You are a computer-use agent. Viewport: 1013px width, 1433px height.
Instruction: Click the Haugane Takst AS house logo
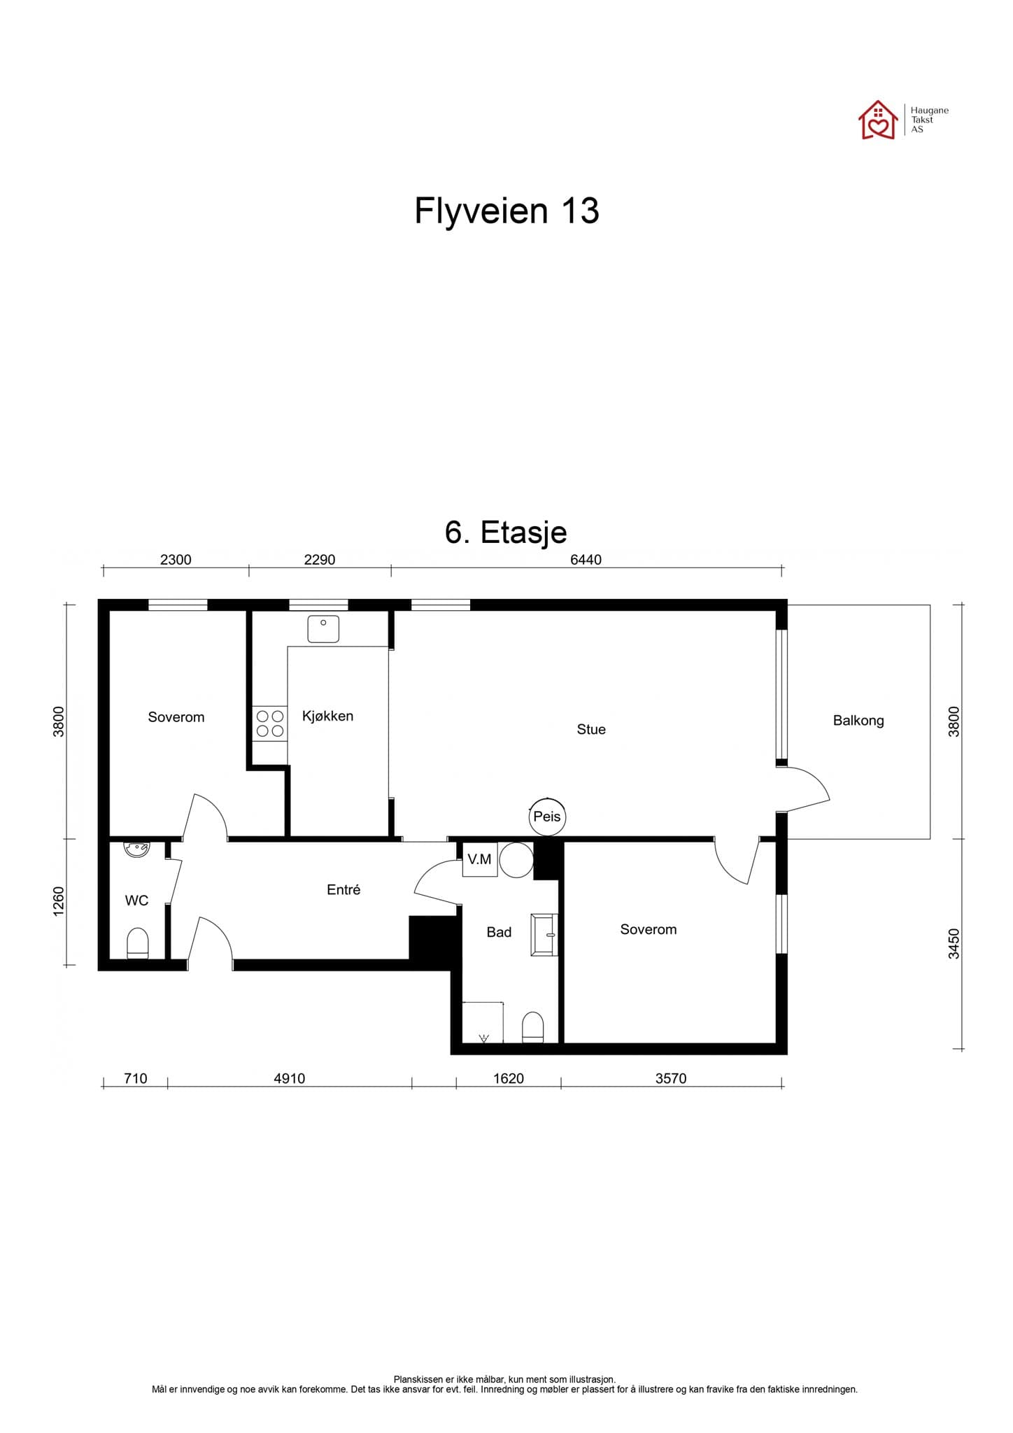click(x=878, y=120)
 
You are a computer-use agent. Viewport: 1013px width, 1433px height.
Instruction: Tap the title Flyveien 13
click(x=506, y=211)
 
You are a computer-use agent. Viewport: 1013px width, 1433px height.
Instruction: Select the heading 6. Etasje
click(x=506, y=532)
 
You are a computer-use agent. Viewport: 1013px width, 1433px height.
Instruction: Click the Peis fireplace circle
click(x=546, y=817)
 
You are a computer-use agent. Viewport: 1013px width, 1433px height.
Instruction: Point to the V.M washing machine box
click(x=479, y=859)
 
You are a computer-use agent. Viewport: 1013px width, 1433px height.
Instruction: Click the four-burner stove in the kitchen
click(x=270, y=723)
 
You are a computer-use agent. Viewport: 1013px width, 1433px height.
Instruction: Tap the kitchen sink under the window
click(x=323, y=628)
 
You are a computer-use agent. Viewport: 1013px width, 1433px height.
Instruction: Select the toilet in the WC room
click(x=138, y=943)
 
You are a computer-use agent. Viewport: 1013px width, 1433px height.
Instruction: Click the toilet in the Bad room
click(x=533, y=1027)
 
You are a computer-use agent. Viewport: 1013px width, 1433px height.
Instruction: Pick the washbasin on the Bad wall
click(x=545, y=934)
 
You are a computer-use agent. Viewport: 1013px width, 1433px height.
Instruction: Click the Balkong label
click(x=858, y=721)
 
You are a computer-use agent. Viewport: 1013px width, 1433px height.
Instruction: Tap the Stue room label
click(x=591, y=729)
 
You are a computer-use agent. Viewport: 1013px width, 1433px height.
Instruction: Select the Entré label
click(x=343, y=889)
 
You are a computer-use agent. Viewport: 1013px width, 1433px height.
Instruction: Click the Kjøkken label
click(x=327, y=716)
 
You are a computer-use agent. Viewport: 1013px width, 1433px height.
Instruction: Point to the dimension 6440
click(x=586, y=560)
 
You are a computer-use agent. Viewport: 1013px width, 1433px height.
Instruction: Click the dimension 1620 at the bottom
click(x=508, y=1078)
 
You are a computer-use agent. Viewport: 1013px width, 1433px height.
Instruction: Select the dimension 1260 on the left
click(x=59, y=901)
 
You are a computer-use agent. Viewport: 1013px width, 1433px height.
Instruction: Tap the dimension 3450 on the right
click(x=954, y=943)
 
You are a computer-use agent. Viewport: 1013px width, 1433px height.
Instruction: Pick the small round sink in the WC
click(x=136, y=849)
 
